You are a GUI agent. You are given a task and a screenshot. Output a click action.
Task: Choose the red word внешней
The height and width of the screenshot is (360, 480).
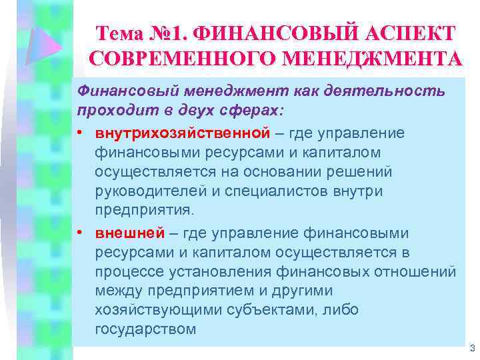pos(129,234)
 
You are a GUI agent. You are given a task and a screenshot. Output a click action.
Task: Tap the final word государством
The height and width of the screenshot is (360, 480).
pos(145,329)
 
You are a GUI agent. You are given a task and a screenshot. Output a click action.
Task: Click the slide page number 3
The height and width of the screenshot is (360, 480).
pos(471,347)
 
